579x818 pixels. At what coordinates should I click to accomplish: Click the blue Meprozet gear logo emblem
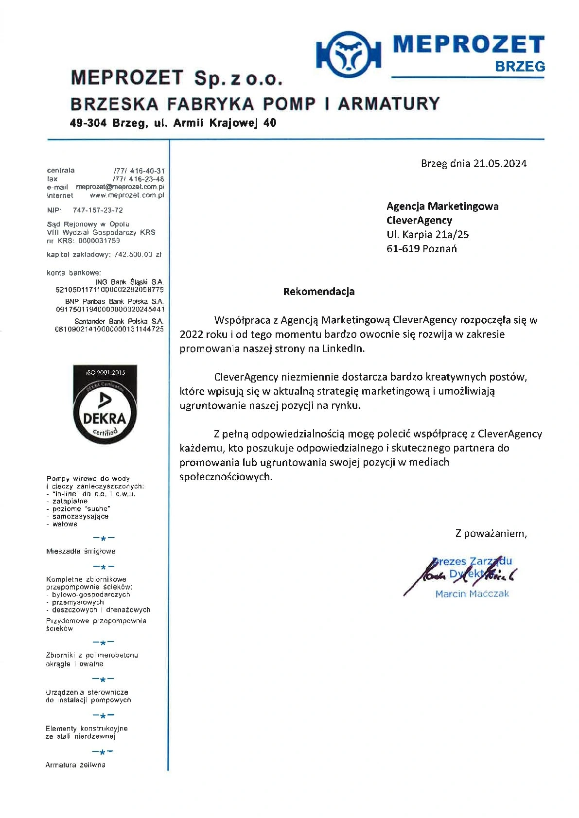pyautogui.click(x=348, y=53)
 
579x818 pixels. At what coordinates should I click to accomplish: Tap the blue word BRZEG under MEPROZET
pyautogui.click(x=520, y=67)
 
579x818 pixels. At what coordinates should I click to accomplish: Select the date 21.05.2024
pyautogui.click(x=500, y=164)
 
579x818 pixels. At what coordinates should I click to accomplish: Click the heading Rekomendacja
pyautogui.click(x=319, y=292)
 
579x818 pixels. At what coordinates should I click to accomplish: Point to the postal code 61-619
pyautogui.click(x=403, y=249)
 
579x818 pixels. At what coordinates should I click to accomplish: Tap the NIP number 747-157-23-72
pyautogui.click(x=98, y=210)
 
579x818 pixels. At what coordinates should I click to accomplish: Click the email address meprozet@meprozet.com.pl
pyautogui.click(x=120, y=187)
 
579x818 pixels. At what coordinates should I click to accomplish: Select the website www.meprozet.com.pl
pyautogui.click(x=127, y=195)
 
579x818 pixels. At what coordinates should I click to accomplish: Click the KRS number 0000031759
pyautogui.click(x=99, y=241)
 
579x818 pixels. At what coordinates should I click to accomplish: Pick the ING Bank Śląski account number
pyautogui.click(x=110, y=290)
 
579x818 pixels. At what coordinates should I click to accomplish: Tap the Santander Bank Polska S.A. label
pyautogui.click(x=119, y=321)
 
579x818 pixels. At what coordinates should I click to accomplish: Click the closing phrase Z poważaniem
pyautogui.click(x=491, y=534)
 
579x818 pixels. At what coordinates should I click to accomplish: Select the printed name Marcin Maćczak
pyautogui.click(x=472, y=594)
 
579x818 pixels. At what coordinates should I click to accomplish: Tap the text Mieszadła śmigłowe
pyautogui.click(x=81, y=551)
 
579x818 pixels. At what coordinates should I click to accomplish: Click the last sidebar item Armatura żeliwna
pyautogui.click(x=75, y=765)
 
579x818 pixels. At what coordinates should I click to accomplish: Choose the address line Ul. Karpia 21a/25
pyautogui.click(x=427, y=235)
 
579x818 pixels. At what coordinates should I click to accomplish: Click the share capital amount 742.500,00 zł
pyautogui.click(x=138, y=254)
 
